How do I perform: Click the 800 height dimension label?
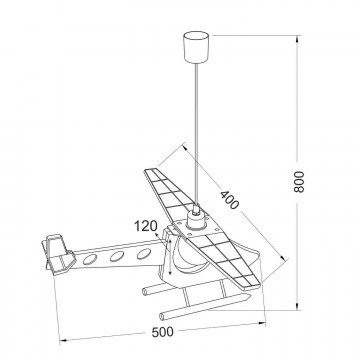pyautogui.click(x=299, y=182)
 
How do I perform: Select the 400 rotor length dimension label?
pyautogui.click(x=230, y=200)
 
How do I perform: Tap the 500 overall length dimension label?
pyautogui.click(x=163, y=332)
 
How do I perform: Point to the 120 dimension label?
pyautogui.click(x=146, y=226)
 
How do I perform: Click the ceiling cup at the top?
pyautogui.click(x=196, y=46)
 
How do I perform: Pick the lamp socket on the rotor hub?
pyautogui.click(x=195, y=219)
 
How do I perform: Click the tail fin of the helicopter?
pyautogui.click(x=58, y=254)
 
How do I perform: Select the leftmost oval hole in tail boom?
pyautogui.click(x=90, y=259)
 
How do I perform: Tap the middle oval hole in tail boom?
pyautogui.click(x=117, y=256)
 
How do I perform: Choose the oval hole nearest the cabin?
pyautogui.click(x=144, y=254)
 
